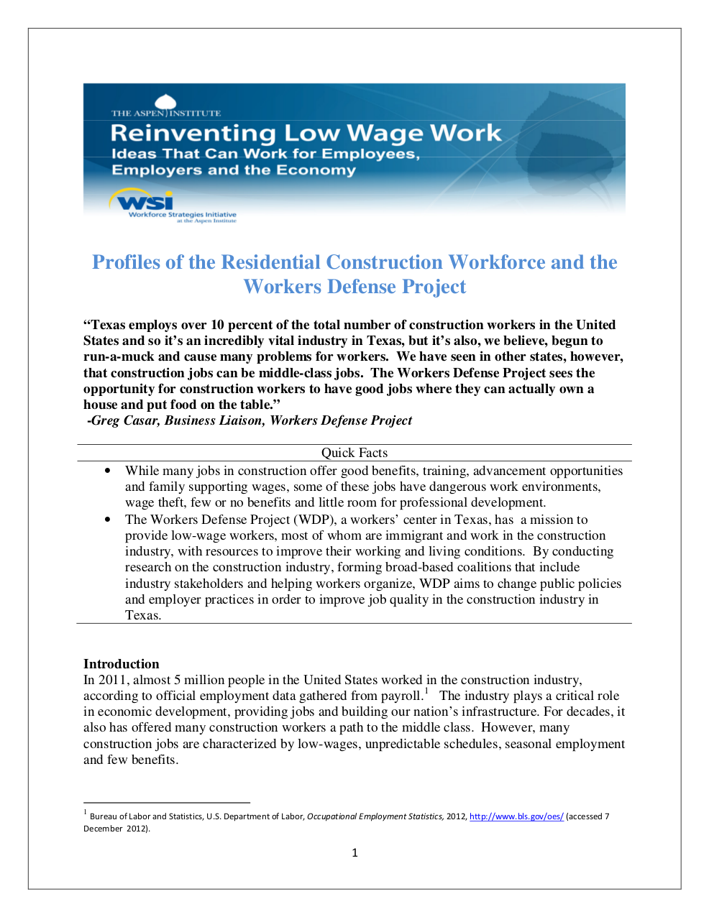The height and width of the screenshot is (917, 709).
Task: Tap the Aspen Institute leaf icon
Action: [x=166, y=103]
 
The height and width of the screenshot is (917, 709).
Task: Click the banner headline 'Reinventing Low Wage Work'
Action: [x=306, y=133]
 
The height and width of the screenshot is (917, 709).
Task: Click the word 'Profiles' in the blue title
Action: [x=127, y=262]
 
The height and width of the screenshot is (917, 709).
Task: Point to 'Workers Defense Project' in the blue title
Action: [x=354, y=287]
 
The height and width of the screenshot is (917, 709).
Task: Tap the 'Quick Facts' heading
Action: [x=354, y=453]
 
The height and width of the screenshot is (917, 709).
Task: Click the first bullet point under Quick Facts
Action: [x=108, y=471]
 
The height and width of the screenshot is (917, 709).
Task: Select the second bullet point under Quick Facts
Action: [x=108, y=520]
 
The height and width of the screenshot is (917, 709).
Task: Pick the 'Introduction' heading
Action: [x=122, y=664]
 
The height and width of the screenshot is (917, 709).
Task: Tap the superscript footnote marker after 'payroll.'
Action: [x=426, y=692]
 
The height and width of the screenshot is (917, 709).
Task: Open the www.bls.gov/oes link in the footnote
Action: [x=516, y=816]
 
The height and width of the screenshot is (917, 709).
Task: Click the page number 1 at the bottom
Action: [x=354, y=853]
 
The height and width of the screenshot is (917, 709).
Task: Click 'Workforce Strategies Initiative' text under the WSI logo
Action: [x=182, y=214]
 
